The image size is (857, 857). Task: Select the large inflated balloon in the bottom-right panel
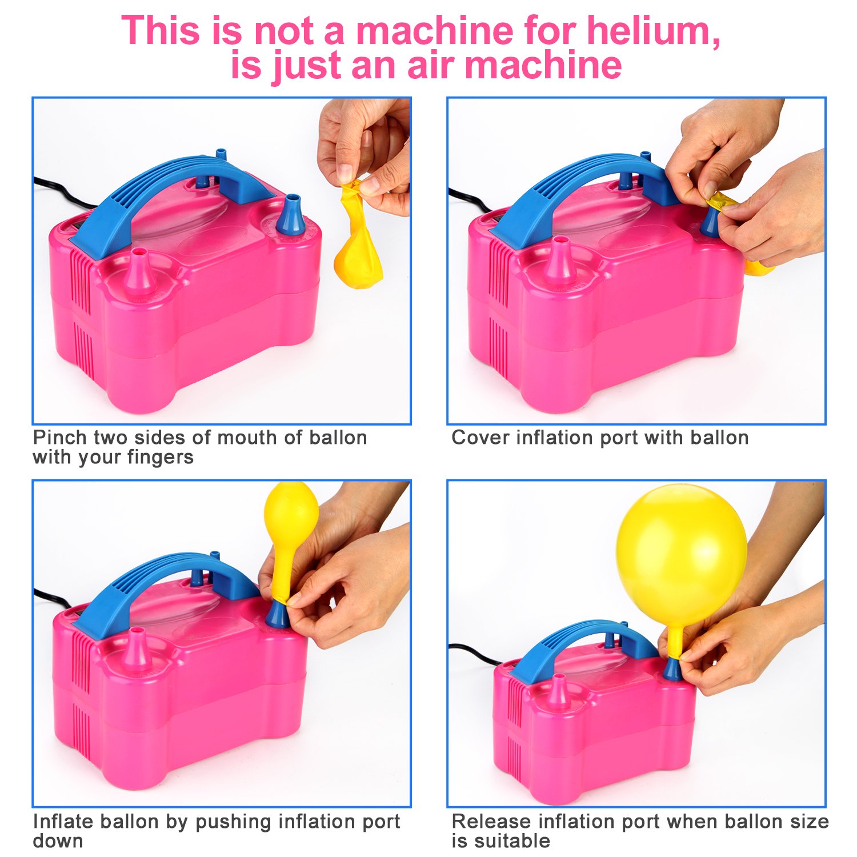tap(681, 554)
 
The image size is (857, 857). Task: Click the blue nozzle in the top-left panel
tap(290, 216)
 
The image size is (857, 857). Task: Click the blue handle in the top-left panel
tap(171, 189)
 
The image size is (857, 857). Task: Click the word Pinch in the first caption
tap(59, 438)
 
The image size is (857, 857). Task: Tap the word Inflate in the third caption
tap(63, 822)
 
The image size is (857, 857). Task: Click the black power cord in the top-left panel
tap(63, 194)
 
